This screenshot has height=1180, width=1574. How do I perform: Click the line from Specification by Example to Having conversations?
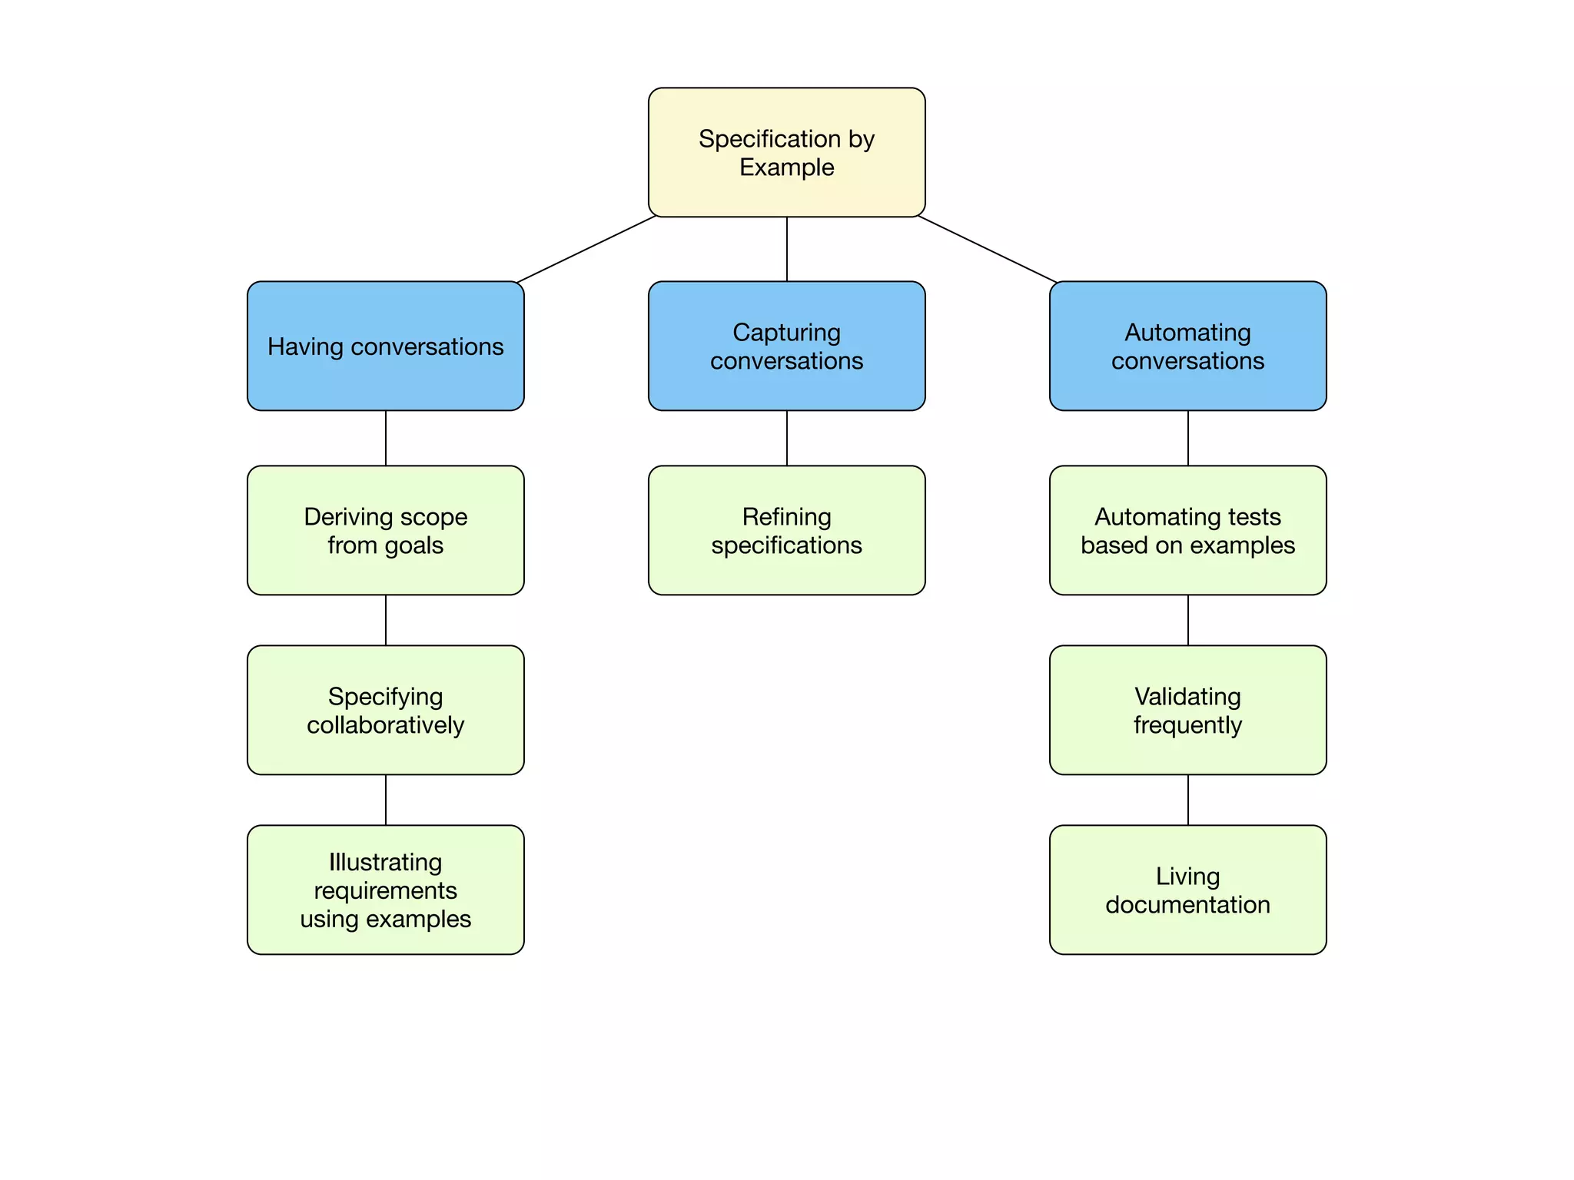(586, 249)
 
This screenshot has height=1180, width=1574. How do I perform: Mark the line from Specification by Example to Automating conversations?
(988, 249)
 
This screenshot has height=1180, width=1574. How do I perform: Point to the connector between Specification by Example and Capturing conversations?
(786, 249)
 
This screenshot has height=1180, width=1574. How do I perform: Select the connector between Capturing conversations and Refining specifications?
(786, 438)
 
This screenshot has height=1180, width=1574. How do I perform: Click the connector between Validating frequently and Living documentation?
(1187, 800)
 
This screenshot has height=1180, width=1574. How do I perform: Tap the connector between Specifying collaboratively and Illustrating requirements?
(385, 800)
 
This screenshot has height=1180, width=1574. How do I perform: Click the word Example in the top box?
(786, 167)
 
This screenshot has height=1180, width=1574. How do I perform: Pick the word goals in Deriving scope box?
(413, 545)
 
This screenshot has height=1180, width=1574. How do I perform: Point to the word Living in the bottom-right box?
(1187, 877)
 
